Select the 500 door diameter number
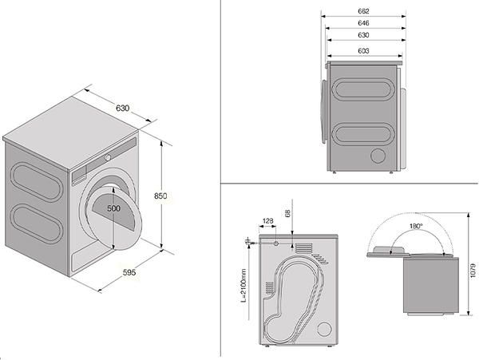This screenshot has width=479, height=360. point(114,208)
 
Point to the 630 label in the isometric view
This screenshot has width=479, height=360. point(121,109)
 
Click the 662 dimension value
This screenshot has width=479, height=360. point(363,11)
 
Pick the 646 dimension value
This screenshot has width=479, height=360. point(363,24)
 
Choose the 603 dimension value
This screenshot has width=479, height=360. point(363,50)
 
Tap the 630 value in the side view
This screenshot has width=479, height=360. point(363,37)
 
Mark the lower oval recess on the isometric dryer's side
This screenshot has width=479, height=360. point(35,224)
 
